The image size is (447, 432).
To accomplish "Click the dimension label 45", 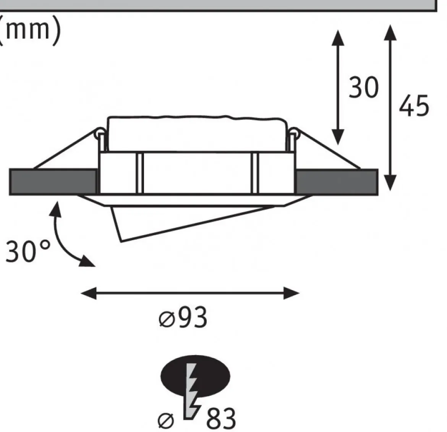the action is click(x=414, y=106).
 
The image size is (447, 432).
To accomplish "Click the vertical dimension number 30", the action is click(x=363, y=87).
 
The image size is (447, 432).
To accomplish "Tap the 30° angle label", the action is click(x=28, y=251).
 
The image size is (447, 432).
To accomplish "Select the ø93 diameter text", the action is click(x=183, y=317).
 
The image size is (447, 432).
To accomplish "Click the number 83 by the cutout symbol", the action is click(x=221, y=418).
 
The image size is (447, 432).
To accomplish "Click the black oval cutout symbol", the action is click(x=195, y=376).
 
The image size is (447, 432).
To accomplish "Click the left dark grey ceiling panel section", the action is click(x=53, y=182).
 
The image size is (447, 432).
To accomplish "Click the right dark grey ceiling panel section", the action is click(x=337, y=182).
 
